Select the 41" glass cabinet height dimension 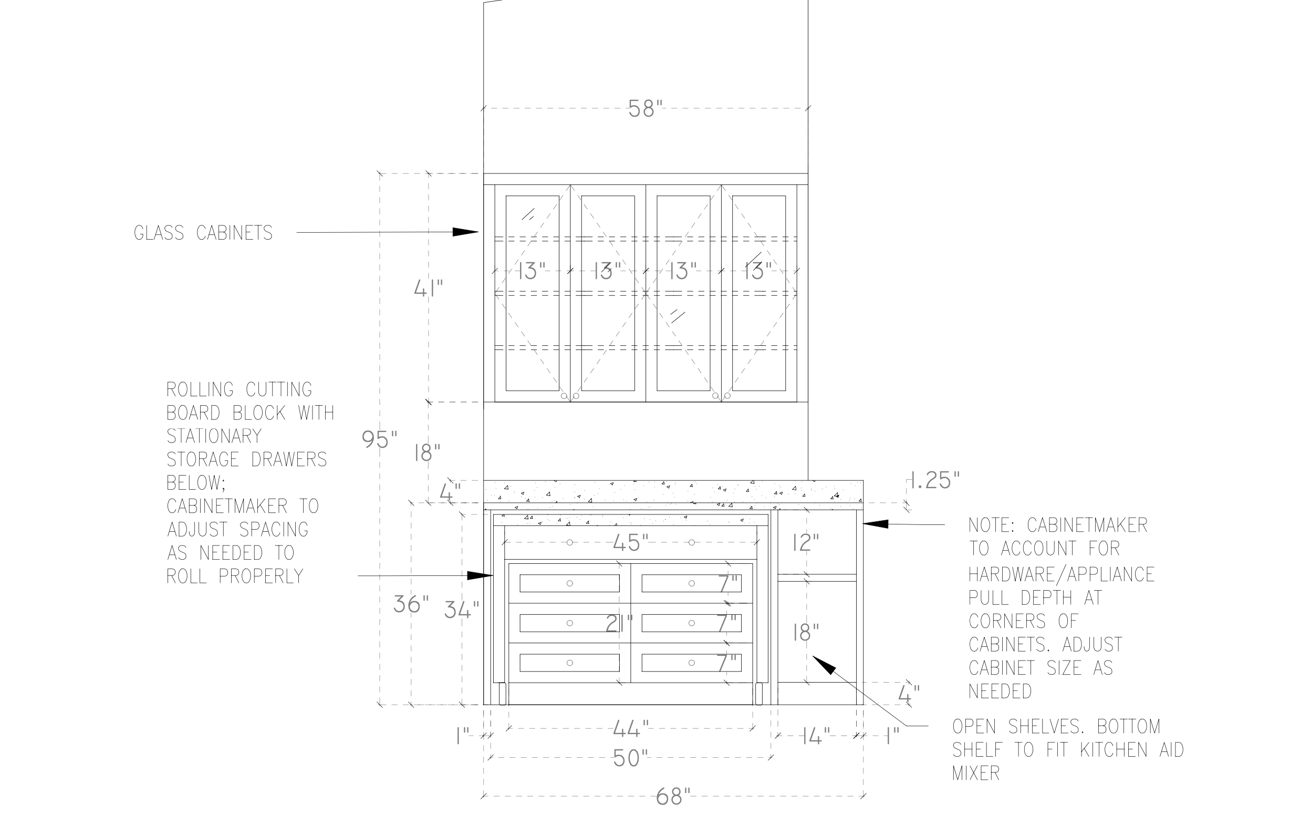pos(429,289)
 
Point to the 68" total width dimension pos(673,797)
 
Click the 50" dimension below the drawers pos(630,758)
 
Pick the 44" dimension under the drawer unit pos(630,728)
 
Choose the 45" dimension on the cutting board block pos(630,543)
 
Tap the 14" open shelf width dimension pos(816,737)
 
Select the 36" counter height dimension pos(411,605)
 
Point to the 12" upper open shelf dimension pos(806,543)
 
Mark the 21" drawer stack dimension pos(619,623)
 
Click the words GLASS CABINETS pos(203,233)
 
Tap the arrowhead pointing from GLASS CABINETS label pos(465,232)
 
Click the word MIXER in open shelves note pos(975,774)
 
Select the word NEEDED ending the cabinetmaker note pos(1000,692)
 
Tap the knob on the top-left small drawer pos(569,583)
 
